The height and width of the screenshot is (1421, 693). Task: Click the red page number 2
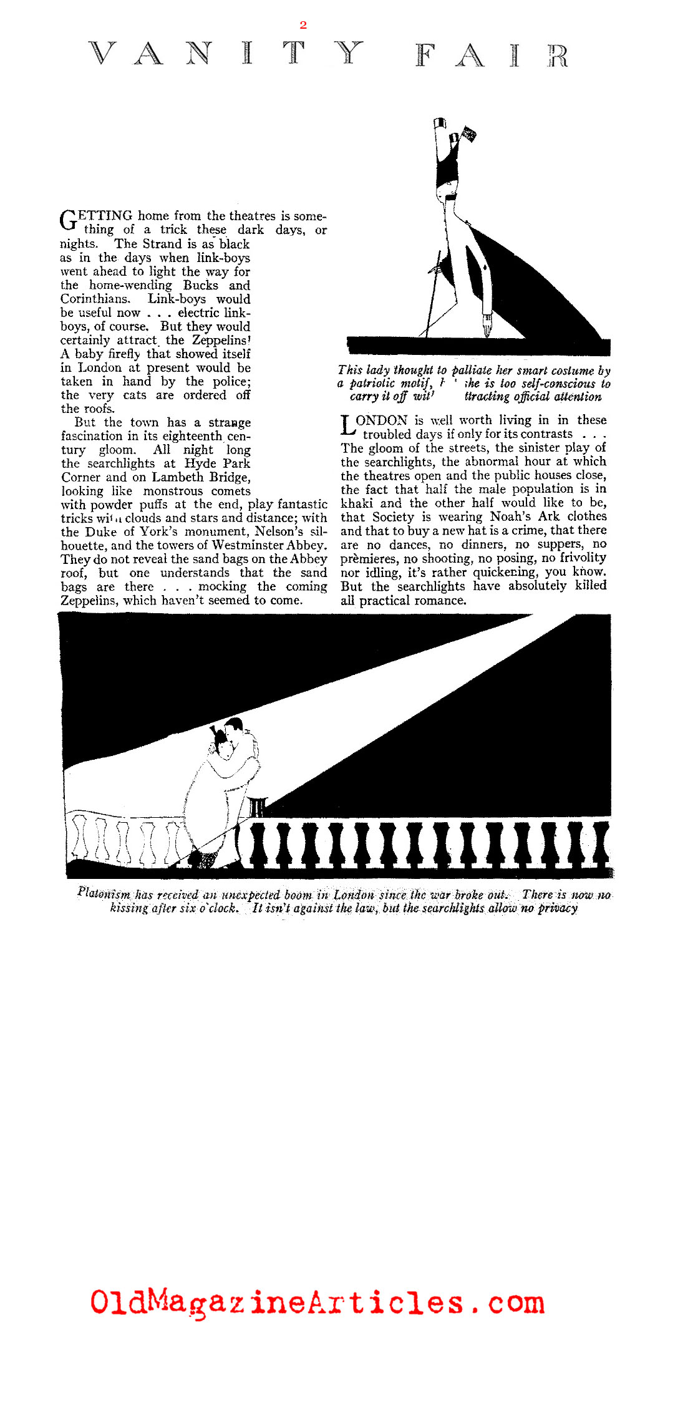[303, 25]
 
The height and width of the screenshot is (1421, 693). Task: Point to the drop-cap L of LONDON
[347, 425]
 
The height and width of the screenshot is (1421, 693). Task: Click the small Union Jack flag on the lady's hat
[468, 133]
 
